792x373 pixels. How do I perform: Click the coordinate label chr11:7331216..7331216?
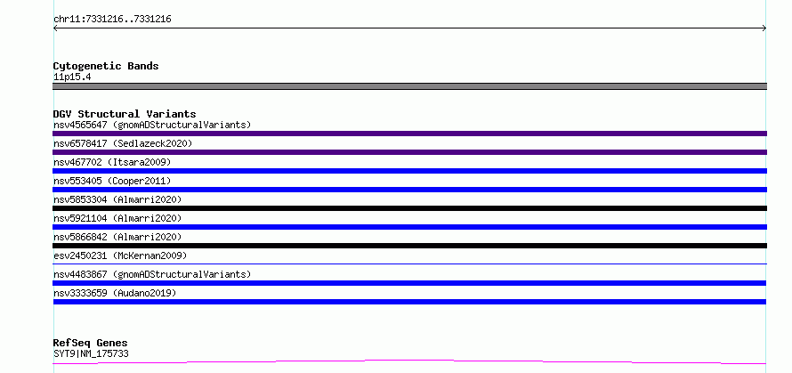(112, 20)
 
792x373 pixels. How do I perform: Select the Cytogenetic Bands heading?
(106, 66)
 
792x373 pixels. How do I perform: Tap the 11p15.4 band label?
(72, 77)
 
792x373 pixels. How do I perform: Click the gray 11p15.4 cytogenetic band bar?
(409, 86)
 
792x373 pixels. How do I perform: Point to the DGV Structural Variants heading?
(125, 114)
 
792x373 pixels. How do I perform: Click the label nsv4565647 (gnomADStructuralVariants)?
(152, 125)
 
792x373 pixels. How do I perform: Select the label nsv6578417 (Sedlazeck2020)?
(123, 143)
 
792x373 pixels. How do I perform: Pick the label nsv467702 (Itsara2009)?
(112, 162)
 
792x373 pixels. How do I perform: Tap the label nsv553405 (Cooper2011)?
(112, 181)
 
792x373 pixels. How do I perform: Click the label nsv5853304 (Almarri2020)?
(117, 199)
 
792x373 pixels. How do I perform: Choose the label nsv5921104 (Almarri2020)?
(117, 218)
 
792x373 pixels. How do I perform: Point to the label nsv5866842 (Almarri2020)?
(117, 237)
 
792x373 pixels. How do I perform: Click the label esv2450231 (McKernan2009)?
(120, 255)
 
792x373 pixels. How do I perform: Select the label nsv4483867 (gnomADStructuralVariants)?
(152, 274)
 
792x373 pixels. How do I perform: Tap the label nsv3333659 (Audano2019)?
(115, 293)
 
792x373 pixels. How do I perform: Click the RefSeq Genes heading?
(91, 344)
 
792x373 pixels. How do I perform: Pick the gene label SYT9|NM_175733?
(91, 353)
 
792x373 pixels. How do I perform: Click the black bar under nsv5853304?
(409, 208)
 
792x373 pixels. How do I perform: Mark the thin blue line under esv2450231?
(409, 264)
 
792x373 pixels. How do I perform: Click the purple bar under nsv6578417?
(409, 152)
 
